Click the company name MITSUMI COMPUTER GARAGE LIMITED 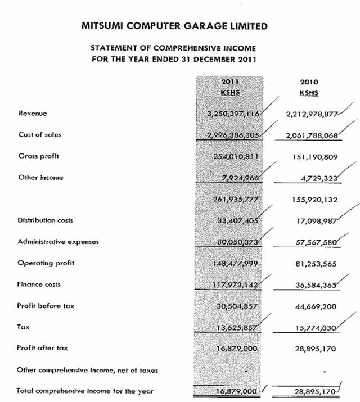[174, 26]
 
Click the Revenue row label [32, 114]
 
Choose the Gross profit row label [39, 156]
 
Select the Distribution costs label [45, 220]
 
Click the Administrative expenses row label [58, 242]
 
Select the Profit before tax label [46, 306]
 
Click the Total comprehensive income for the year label [85, 391]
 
